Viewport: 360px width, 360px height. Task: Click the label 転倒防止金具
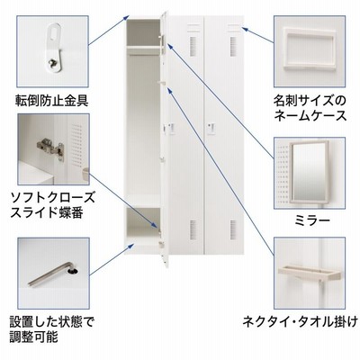click(52, 101)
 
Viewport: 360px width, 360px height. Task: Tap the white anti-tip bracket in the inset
click(55, 48)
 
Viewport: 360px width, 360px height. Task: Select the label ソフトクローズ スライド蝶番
click(53, 205)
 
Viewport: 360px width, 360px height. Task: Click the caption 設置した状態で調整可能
click(52, 329)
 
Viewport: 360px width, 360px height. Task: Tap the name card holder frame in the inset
click(310, 49)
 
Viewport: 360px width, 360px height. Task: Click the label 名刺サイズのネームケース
click(310, 107)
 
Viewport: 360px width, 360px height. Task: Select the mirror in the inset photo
click(309, 172)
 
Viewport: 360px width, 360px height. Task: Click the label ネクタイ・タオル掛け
click(301, 322)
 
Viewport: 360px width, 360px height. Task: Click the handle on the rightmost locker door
click(211, 128)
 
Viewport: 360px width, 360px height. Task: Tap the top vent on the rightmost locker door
click(233, 46)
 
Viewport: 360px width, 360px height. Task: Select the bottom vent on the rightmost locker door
click(233, 229)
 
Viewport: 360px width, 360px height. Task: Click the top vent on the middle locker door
click(193, 46)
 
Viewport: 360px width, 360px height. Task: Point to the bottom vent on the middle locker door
click(193, 229)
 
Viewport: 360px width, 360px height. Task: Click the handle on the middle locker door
click(171, 128)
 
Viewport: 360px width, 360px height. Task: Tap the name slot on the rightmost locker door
click(233, 28)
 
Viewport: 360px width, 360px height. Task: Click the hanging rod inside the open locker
click(143, 55)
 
